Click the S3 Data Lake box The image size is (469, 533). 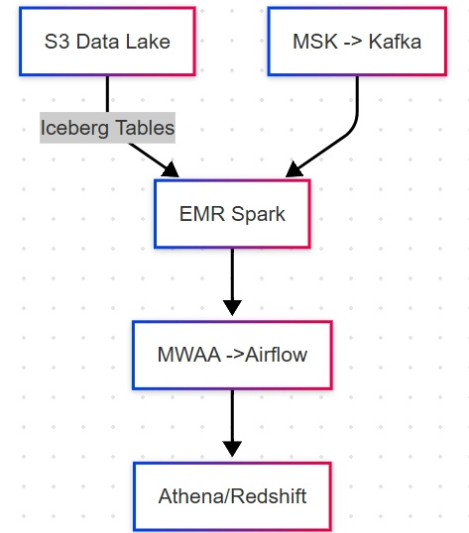pos(107,42)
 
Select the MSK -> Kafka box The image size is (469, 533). pos(357,42)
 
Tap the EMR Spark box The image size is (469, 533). pos(232,214)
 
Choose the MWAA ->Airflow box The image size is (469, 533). pos(232,355)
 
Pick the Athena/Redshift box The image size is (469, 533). pos(232,496)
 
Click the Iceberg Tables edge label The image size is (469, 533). pos(107,128)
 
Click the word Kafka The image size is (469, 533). pos(395,42)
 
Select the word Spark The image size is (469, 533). pos(258,215)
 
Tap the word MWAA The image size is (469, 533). pos(189,355)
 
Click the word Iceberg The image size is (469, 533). pos(74,129)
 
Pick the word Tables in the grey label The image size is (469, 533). pos(145,128)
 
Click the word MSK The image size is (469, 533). pos(315,42)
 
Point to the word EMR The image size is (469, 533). pos(202,214)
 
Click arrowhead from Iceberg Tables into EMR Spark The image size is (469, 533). pos(172,170)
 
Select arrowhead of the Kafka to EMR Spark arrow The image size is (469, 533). pos(293,170)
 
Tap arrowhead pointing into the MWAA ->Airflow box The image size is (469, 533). pos(232,308)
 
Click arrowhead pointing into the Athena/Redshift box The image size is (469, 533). pos(232,449)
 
